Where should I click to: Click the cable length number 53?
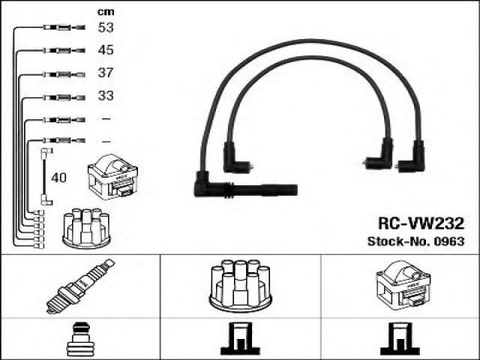point(106,28)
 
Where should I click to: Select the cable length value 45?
point(106,50)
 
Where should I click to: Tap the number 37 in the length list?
point(106,73)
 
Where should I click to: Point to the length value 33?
point(106,96)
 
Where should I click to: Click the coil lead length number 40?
point(58,178)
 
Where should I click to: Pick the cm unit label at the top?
point(106,12)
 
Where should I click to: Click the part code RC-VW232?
point(421,223)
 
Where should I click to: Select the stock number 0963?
point(449,241)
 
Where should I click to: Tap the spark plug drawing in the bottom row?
point(80,286)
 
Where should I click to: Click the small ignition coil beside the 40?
point(113,177)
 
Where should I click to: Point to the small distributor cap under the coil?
point(86,228)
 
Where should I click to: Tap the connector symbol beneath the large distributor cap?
point(240,338)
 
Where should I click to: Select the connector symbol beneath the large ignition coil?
point(400,338)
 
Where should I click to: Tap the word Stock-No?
point(399,241)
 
